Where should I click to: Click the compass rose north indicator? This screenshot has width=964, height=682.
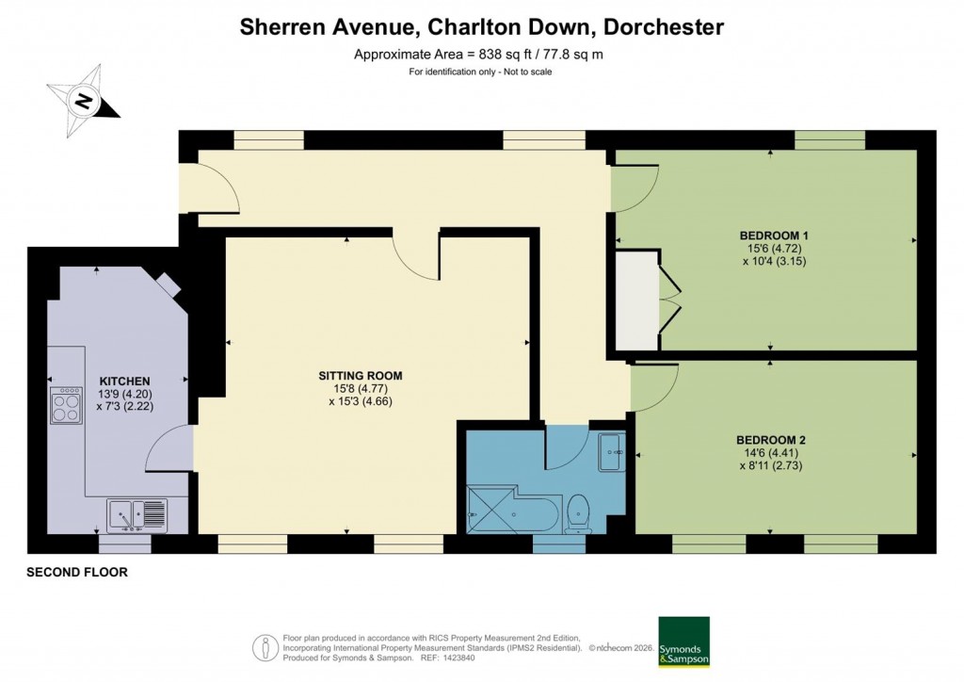85,100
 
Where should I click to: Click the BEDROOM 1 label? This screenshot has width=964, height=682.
774,235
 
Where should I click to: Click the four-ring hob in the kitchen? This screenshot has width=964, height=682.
66,406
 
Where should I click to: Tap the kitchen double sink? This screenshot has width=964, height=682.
137,515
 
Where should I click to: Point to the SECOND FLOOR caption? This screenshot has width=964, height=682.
76,572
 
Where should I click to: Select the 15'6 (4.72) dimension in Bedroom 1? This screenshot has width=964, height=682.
774,249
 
